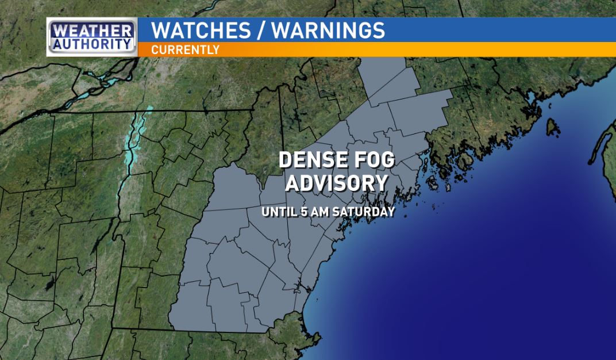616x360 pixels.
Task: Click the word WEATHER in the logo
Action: [92, 29]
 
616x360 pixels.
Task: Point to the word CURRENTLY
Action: [185, 50]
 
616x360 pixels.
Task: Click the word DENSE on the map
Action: [314, 160]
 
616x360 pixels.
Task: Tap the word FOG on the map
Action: [375, 160]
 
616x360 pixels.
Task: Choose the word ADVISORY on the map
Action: [336, 183]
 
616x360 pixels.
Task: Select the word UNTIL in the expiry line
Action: [278, 212]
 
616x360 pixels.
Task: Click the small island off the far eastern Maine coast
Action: [552, 125]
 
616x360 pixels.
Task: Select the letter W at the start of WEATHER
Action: [59, 29]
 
